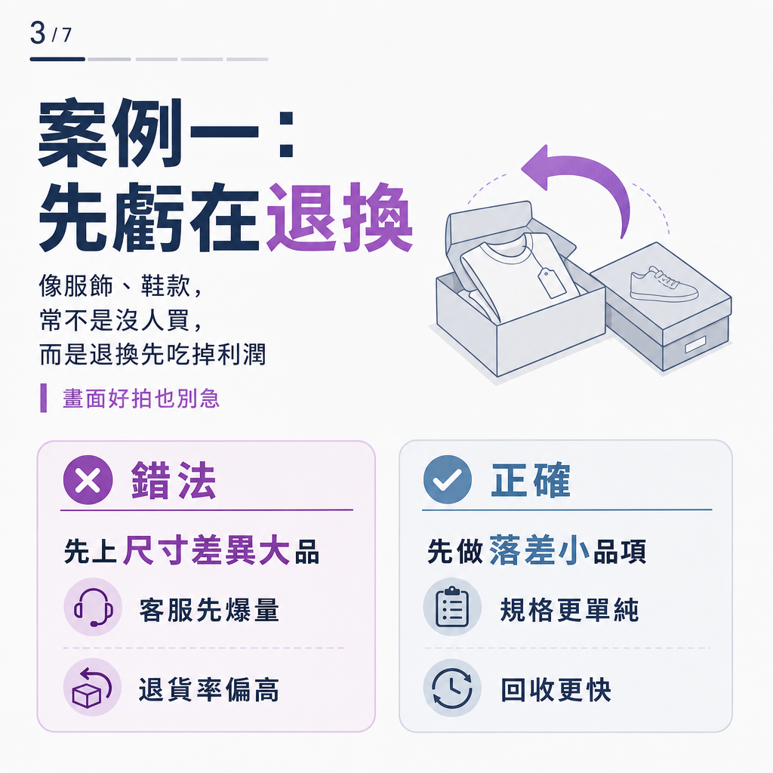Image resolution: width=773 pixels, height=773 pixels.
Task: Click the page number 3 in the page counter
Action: tap(38, 33)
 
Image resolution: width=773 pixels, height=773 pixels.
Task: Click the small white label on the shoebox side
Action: tap(695, 344)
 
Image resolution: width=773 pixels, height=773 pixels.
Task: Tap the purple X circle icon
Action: tap(88, 479)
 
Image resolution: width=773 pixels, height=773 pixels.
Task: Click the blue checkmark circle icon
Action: tap(448, 479)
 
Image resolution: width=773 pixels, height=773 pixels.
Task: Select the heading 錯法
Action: tap(174, 480)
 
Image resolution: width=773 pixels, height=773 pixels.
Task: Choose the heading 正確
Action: tap(531, 479)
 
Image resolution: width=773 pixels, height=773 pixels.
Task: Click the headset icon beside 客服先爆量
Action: tap(93, 607)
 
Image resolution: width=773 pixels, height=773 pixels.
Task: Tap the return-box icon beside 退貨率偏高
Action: tap(92, 687)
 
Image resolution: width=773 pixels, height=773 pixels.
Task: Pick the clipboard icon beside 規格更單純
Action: tap(452, 607)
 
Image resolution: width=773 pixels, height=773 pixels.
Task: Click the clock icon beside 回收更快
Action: tap(452, 687)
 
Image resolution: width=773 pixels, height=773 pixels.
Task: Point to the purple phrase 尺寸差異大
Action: tap(206, 550)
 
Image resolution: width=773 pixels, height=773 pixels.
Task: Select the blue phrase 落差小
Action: tap(539, 550)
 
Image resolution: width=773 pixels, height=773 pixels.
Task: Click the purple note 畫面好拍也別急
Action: tap(141, 399)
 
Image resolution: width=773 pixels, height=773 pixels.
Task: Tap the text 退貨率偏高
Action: tap(209, 689)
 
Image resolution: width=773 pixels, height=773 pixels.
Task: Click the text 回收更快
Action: tap(556, 689)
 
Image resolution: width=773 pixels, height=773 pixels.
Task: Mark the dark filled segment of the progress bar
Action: tap(57, 59)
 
